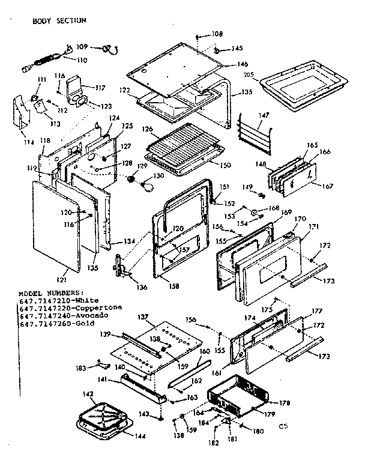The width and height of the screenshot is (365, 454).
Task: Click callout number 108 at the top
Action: (217, 34)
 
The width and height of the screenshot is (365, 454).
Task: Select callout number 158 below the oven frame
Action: (174, 286)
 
